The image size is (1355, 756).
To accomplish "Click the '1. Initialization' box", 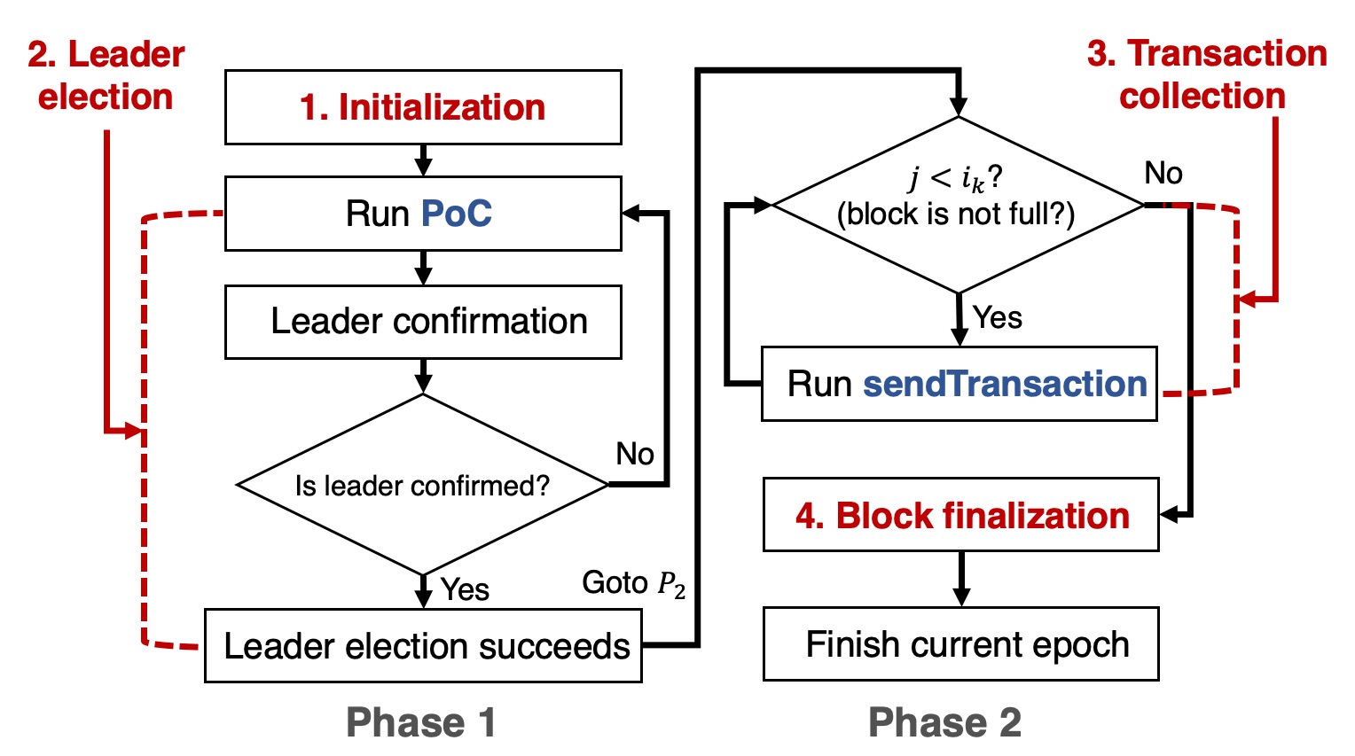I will click(423, 107).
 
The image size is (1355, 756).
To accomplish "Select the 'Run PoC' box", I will click(423, 214).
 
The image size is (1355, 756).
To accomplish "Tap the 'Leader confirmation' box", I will click(423, 322).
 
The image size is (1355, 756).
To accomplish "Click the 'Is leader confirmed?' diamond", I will click(423, 485).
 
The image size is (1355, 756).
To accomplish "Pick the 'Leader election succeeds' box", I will click(423, 646).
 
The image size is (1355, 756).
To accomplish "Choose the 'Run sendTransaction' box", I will click(959, 384).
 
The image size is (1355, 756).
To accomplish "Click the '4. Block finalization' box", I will click(961, 515).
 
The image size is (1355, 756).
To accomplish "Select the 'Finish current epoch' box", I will click(961, 644).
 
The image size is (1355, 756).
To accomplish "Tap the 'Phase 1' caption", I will click(421, 722).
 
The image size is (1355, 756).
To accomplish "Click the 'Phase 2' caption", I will click(944, 722).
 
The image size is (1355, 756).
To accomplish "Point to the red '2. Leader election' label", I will click(106, 75).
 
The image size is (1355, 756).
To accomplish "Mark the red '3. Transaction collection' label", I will click(1206, 74).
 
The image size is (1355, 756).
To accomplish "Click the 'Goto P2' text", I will click(633, 583).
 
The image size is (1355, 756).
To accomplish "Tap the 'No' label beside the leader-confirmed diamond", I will click(635, 454).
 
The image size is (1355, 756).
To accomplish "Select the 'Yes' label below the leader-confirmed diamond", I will click(465, 589).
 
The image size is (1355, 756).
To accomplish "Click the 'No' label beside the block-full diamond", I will click(1163, 173).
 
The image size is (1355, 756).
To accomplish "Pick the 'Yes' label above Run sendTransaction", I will click(998, 317).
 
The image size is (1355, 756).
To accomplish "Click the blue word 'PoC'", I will click(456, 214).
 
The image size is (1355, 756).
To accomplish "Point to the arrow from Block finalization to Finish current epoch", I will click(961, 579).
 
